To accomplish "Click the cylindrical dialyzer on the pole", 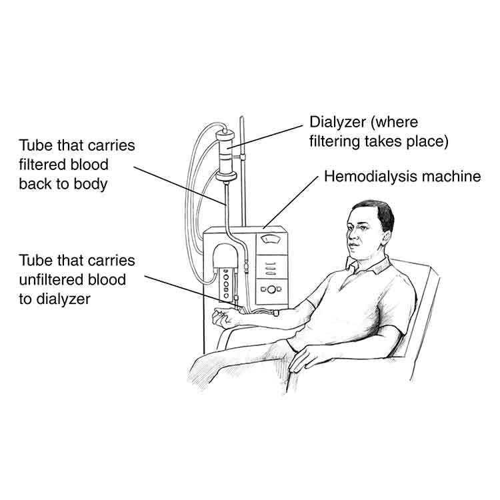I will tap(225, 151).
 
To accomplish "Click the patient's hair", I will tap(376, 212).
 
